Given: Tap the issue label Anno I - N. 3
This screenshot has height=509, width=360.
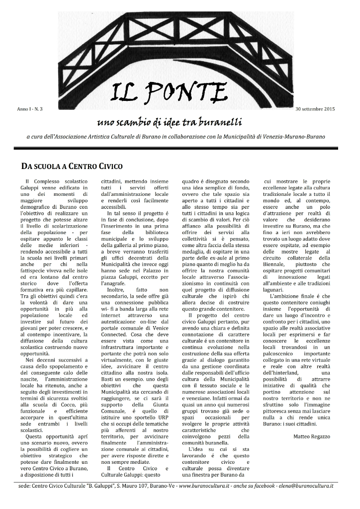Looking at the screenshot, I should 30,108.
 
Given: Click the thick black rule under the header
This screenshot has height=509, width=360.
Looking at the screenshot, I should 180,148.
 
